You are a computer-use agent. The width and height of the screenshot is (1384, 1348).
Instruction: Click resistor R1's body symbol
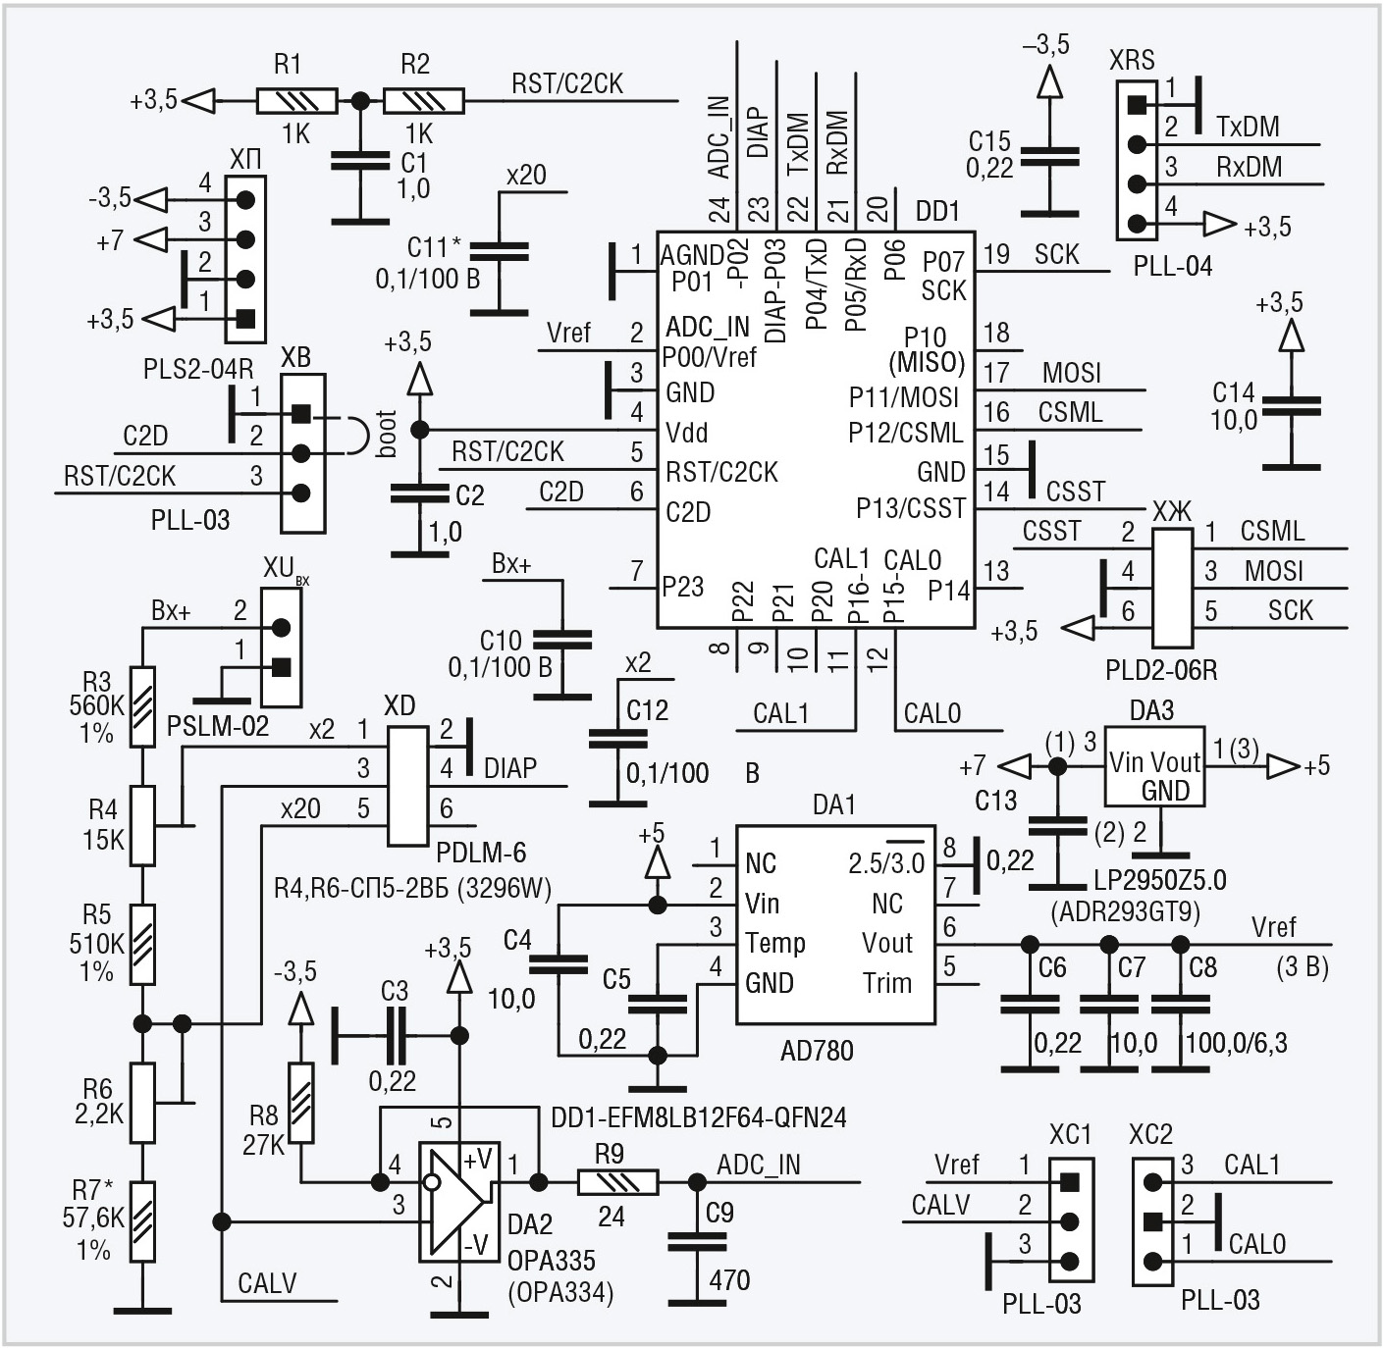click(296, 101)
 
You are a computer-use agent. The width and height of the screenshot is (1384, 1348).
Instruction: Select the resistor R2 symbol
click(424, 101)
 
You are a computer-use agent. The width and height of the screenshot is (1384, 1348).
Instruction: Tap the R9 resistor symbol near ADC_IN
click(618, 1182)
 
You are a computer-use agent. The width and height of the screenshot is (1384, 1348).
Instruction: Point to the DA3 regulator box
click(1154, 766)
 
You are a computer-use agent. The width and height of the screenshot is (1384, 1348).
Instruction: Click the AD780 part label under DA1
click(816, 1051)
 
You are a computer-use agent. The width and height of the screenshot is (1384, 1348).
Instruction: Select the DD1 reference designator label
click(937, 211)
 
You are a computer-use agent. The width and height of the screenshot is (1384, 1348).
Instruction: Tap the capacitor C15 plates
click(1049, 157)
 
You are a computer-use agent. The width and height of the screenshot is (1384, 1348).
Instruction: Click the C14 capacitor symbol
click(1291, 407)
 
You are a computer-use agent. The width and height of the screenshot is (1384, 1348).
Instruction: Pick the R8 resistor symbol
click(300, 1104)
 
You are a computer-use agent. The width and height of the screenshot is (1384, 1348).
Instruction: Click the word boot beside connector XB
click(386, 435)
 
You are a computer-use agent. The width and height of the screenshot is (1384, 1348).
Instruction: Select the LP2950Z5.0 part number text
click(1160, 881)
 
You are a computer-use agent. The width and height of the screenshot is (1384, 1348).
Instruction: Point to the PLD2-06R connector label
click(1160, 670)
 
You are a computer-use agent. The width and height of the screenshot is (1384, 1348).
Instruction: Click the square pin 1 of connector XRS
click(1138, 105)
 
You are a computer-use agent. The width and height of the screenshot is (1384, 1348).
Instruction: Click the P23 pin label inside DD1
click(683, 587)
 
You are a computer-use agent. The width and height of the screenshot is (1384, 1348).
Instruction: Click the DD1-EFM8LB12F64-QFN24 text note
click(699, 1118)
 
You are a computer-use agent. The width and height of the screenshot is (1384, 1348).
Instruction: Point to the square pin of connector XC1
click(1070, 1182)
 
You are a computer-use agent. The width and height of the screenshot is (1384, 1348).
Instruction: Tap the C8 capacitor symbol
click(1180, 1005)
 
